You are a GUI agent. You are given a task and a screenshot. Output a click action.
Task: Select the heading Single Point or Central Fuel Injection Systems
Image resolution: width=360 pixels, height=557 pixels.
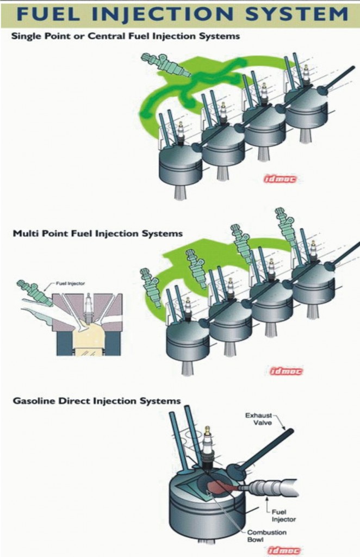126,36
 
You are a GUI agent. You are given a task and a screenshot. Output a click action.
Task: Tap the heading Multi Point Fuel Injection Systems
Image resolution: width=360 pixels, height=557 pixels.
97,233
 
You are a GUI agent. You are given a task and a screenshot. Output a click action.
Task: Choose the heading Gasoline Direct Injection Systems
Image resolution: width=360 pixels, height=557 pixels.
96,401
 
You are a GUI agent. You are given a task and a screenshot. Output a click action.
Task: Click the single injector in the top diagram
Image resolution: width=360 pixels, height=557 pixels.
165,65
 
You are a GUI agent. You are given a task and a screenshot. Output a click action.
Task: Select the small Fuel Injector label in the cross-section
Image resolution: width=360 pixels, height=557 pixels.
70,284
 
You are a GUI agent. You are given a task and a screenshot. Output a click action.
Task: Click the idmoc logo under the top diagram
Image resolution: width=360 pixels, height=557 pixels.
282,178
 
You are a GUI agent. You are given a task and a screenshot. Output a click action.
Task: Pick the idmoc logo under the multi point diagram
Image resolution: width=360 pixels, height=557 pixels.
286,372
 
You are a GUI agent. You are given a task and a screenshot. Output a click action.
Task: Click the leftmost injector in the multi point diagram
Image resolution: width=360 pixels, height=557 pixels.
151,285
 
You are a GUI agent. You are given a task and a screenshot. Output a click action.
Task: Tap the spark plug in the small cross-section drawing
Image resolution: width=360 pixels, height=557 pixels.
88,307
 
